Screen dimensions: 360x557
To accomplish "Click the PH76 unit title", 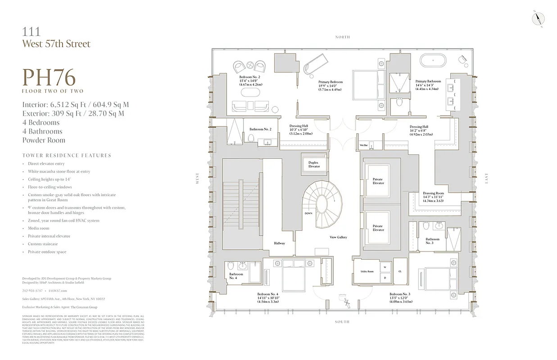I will coord(49,77).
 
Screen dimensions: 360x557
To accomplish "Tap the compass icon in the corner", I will coord(539,18).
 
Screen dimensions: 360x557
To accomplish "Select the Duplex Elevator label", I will coord(314,164).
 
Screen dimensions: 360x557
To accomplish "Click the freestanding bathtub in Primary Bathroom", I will coord(433,60).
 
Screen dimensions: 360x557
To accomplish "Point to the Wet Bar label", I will coord(364,145).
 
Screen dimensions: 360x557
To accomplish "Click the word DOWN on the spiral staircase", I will coord(308,213).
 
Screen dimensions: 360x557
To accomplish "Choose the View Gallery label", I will coord(338,237).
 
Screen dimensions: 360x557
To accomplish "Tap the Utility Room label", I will coord(367,271).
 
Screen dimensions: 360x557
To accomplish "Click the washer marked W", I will coord(385,267).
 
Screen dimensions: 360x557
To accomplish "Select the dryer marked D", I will coord(385,278).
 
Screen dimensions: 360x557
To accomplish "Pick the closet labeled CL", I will coord(400,271).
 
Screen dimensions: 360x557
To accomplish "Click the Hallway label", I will coord(279,243).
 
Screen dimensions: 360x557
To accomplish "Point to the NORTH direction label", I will coord(342,37).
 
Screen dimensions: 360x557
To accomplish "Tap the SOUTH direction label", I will coord(342,322).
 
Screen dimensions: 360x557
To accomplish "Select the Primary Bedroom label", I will coord(331,82).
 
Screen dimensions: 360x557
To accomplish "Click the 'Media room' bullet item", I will coord(38,228).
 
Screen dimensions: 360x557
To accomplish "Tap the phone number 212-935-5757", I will coord(32,291).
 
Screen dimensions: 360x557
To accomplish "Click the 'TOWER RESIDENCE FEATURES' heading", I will coord(67,155).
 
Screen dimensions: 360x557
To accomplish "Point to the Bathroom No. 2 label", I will coord(260,129).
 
